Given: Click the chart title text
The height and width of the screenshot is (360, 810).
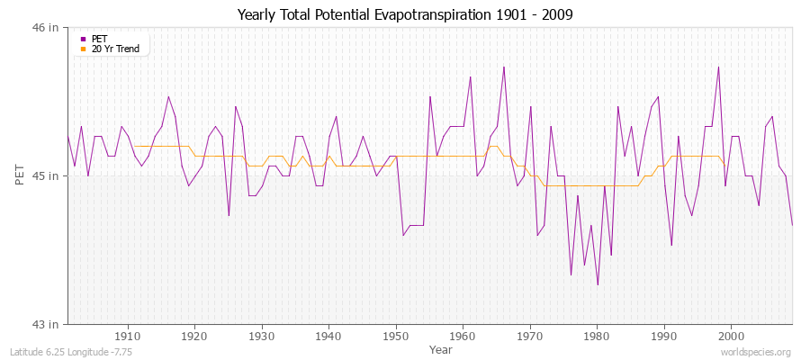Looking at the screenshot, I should pyautogui.click(x=405, y=15).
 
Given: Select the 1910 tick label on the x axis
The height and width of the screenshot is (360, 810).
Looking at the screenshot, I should pyautogui.click(x=128, y=335).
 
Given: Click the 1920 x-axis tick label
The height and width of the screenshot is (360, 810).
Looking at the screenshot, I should pyautogui.click(x=194, y=335).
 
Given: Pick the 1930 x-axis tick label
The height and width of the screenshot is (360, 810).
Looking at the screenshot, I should pyautogui.click(x=262, y=335).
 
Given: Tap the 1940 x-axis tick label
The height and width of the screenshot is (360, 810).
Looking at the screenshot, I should pyautogui.click(x=328, y=335).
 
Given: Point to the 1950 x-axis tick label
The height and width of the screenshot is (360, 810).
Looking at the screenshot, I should pyautogui.click(x=396, y=335).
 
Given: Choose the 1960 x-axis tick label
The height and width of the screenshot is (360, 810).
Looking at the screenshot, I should pyautogui.click(x=463, y=335).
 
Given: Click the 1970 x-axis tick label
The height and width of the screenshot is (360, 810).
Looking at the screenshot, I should pyautogui.click(x=530, y=335).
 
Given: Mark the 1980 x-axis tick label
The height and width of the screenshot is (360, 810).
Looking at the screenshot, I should pyautogui.click(x=597, y=335).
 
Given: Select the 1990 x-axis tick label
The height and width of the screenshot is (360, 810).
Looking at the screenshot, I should pyautogui.click(x=664, y=335).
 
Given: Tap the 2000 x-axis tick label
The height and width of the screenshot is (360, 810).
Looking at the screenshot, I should pyautogui.click(x=731, y=335).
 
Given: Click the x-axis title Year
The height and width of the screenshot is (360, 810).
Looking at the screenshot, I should pyautogui.click(x=441, y=348).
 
